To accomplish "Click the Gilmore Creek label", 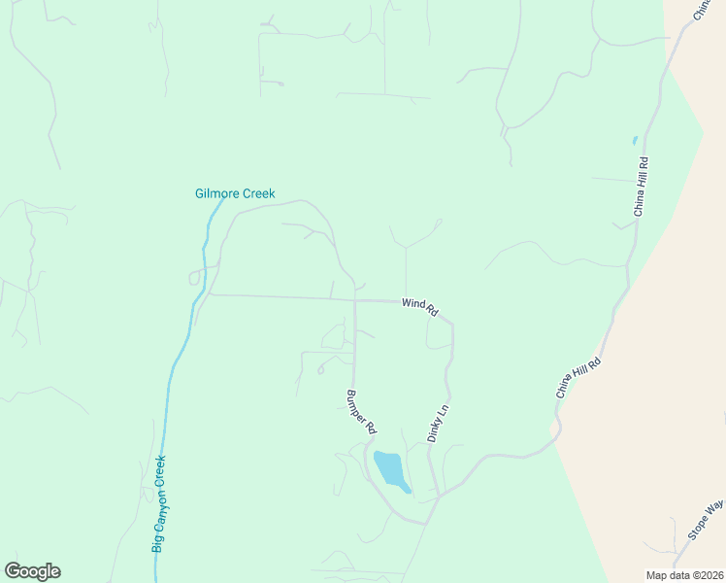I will [235, 193].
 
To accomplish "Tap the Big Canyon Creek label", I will [160, 504].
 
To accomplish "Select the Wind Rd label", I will [421, 307].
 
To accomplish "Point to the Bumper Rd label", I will [361, 412].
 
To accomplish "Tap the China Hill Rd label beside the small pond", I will [642, 185].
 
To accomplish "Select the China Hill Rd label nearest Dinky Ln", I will [578, 378].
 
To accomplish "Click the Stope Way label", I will [706, 520].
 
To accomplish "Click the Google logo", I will [32, 571].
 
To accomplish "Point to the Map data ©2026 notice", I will [684, 574].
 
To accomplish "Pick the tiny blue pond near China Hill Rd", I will [635, 140].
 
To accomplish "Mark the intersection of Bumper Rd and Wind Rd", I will [354, 300].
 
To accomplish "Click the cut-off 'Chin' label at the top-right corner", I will [704, 9].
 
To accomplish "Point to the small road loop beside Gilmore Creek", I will [195, 277].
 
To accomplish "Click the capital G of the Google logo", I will [13, 571].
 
